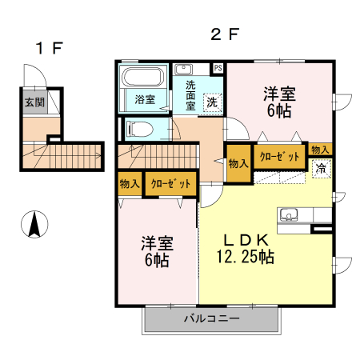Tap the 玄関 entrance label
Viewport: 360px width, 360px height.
[x=34, y=102]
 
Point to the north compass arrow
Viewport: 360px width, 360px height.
[x=34, y=224]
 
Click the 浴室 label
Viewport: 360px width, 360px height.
[x=145, y=100]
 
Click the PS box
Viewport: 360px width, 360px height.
[x=218, y=68]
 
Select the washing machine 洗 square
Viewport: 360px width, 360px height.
[x=212, y=102]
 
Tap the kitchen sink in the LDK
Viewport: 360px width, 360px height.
[x=288, y=214]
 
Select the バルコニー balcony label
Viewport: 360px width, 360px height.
[x=211, y=318]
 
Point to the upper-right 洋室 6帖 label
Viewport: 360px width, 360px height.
[x=280, y=102]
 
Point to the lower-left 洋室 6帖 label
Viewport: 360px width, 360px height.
[x=158, y=250]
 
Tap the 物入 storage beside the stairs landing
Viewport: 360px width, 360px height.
[x=238, y=163]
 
